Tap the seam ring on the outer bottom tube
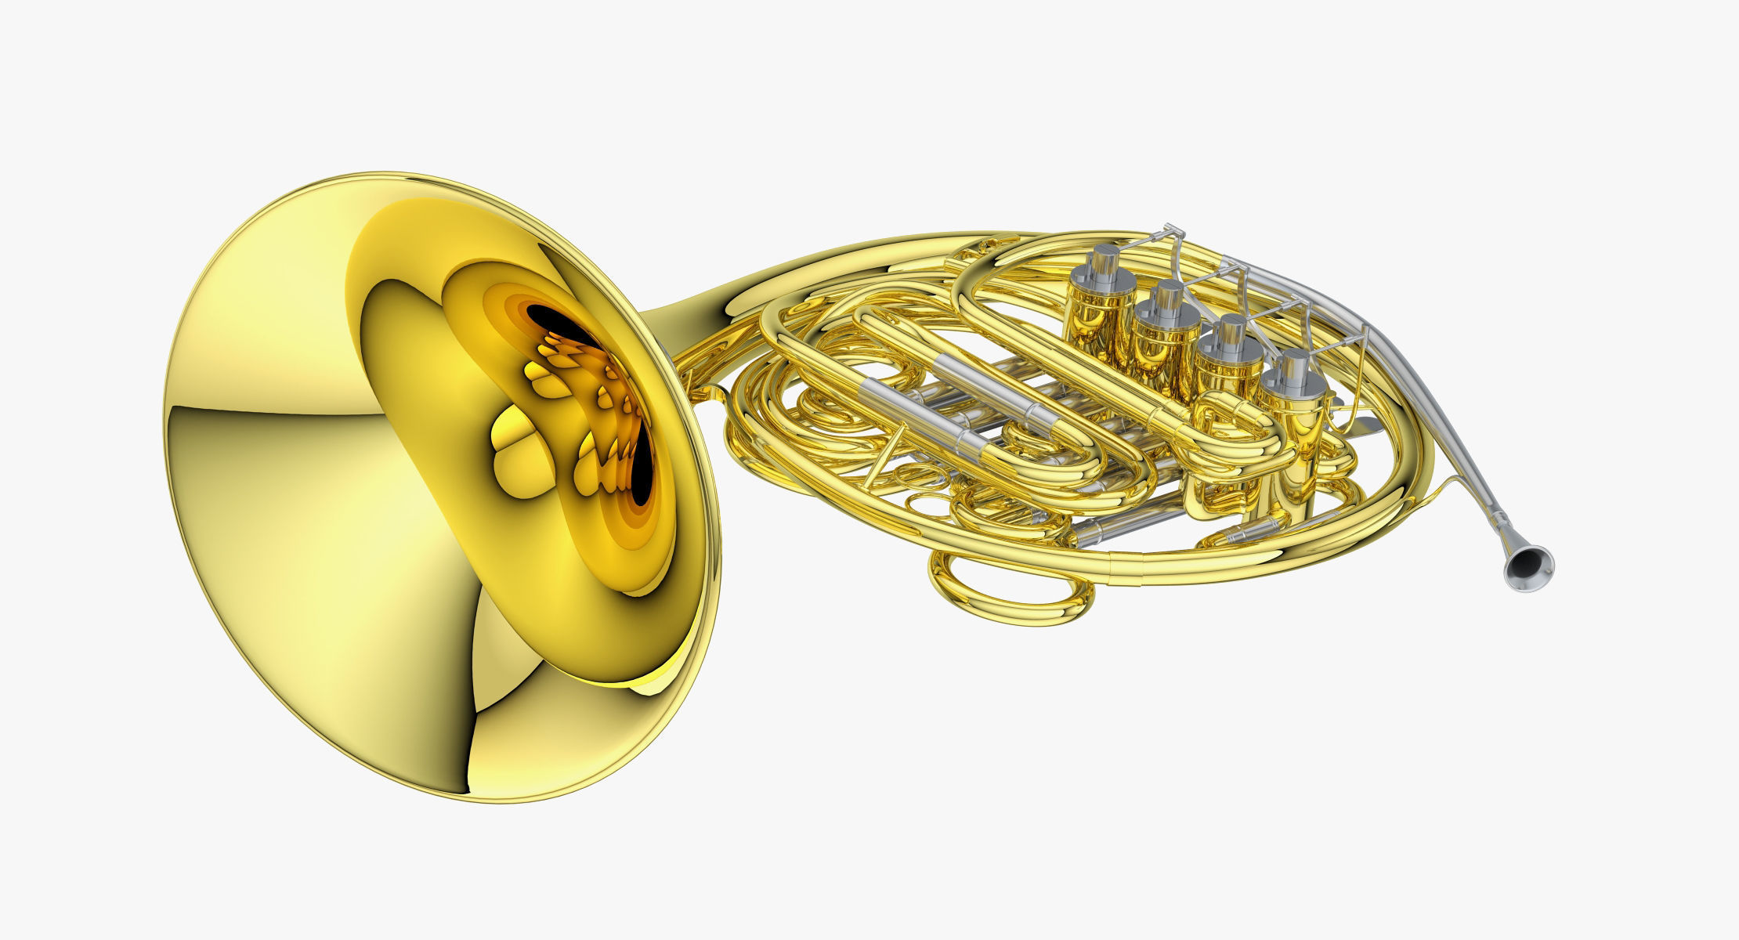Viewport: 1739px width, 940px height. (1111, 558)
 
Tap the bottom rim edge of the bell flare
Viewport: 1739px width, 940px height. (501, 799)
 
